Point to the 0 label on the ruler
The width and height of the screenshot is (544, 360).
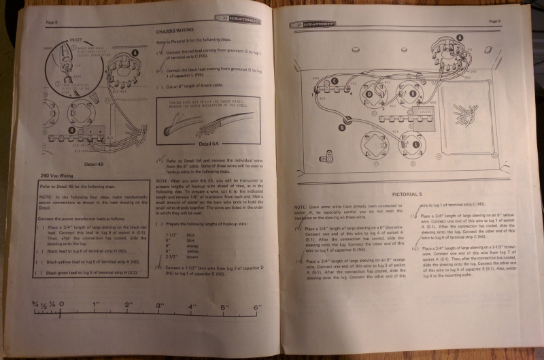pos(62,304)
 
